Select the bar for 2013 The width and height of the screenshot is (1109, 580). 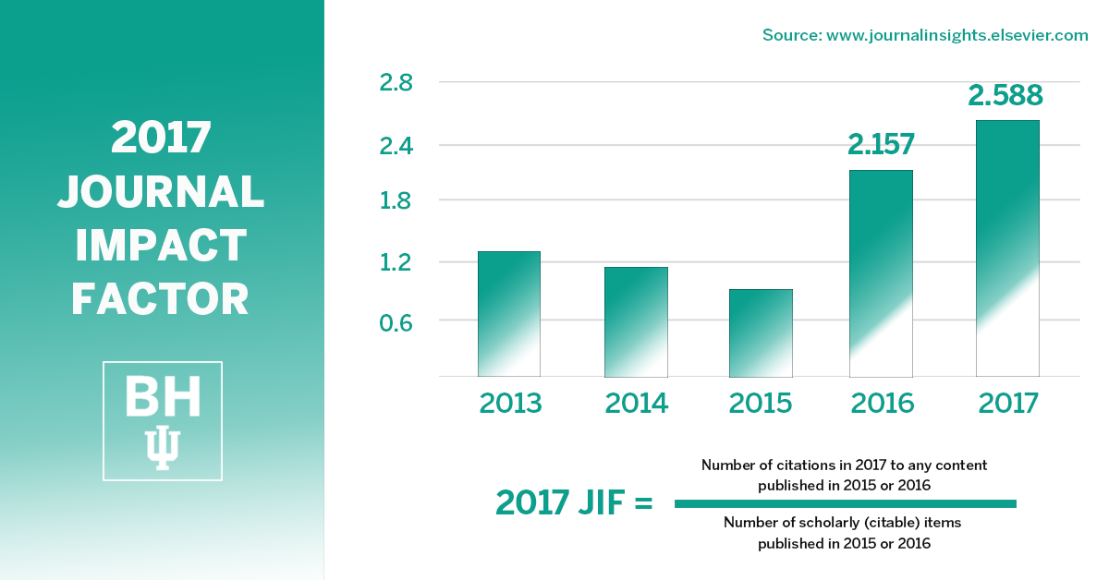coord(508,314)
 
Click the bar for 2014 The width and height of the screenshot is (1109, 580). coord(636,322)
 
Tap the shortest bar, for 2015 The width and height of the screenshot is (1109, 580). coord(761,333)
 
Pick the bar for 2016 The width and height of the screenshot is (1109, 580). coord(881,273)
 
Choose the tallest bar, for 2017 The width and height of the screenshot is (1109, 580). coord(1007,248)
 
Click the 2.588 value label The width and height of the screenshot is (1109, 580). coord(1005,95)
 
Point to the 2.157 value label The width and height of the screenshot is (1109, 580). coord(881,144)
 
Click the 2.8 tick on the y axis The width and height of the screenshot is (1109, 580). coord(396,83)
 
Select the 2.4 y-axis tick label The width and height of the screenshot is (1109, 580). coord(396,145)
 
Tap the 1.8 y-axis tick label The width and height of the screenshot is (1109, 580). coord(396,200)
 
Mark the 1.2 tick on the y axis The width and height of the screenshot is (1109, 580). coord(396,262)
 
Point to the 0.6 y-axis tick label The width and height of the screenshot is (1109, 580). coord(396,320)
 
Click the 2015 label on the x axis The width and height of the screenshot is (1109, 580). coord(761,404)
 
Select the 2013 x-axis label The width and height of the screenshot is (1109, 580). coord(509,404)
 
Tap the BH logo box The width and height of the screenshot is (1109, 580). coord(163,421)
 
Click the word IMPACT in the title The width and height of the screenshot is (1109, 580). coord(161,246)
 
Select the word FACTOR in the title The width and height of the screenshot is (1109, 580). coord(161,299)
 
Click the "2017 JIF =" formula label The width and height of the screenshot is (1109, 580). coord(574,502)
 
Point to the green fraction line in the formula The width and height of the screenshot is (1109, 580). coord(845,503)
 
